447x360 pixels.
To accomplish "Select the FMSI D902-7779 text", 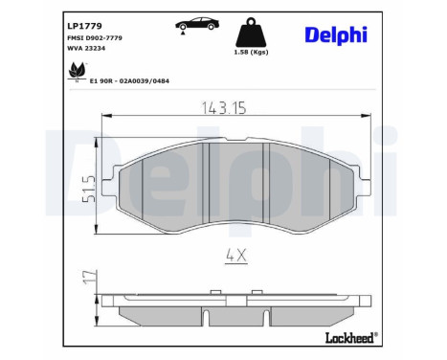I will [x=94, y=36].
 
